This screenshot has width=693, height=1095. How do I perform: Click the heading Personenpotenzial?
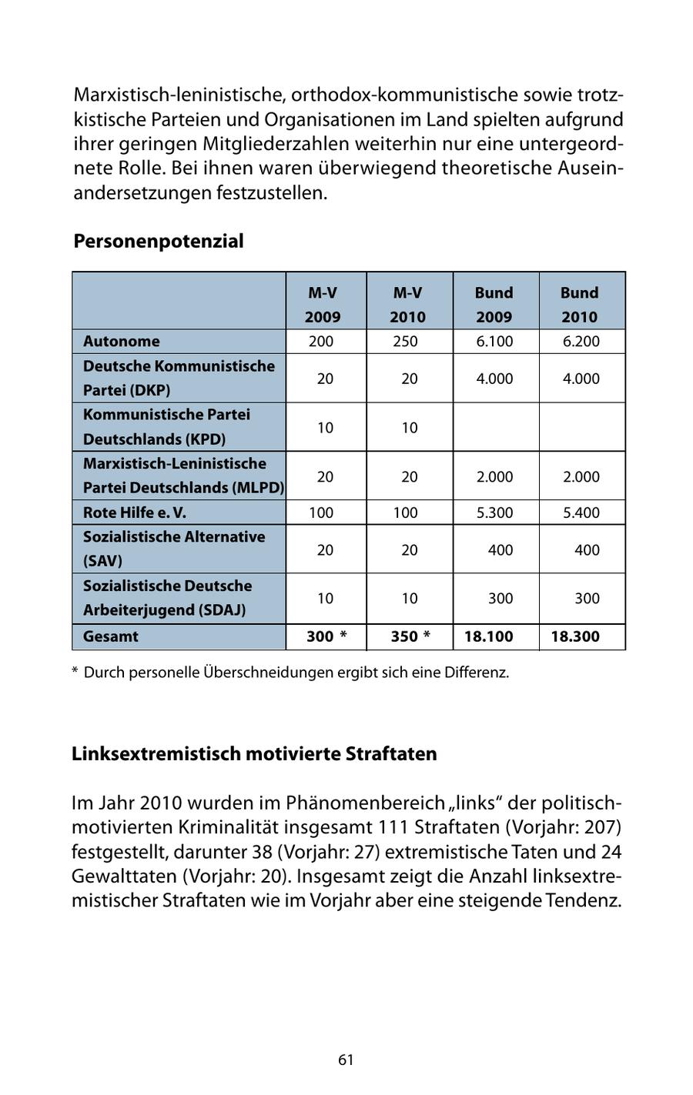(158, 241)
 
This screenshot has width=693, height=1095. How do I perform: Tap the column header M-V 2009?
(323, 304)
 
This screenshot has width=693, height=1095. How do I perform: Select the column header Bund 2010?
(579, 304)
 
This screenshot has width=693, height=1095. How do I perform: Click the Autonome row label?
(122, 341)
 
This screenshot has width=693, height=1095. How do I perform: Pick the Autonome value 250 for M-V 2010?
(406, 341)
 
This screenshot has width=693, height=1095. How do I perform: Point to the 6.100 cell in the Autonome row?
(494, 341)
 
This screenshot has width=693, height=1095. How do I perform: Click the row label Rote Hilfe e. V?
(135, 512)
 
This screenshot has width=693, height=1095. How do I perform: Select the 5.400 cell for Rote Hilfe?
(581, 512)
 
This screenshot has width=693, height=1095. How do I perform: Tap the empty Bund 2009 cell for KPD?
(496, 427)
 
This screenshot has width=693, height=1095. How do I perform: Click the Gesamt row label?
(111, 636)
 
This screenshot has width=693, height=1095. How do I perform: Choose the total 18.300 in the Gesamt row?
(575, 636)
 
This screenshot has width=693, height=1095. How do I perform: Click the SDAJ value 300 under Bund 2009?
(500, 598)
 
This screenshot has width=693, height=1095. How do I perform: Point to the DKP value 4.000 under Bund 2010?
(581, 378)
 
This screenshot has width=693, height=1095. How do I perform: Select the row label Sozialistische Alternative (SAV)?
(173, 549)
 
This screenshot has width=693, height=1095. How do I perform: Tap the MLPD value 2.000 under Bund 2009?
(494, 476)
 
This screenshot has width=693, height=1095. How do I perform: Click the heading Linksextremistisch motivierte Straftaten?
(254, 753)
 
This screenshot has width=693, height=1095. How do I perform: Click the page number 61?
(346, 1060)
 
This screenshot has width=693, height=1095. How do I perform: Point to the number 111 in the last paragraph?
(393, 827)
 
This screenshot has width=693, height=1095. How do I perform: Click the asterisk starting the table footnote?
(75, 672)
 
